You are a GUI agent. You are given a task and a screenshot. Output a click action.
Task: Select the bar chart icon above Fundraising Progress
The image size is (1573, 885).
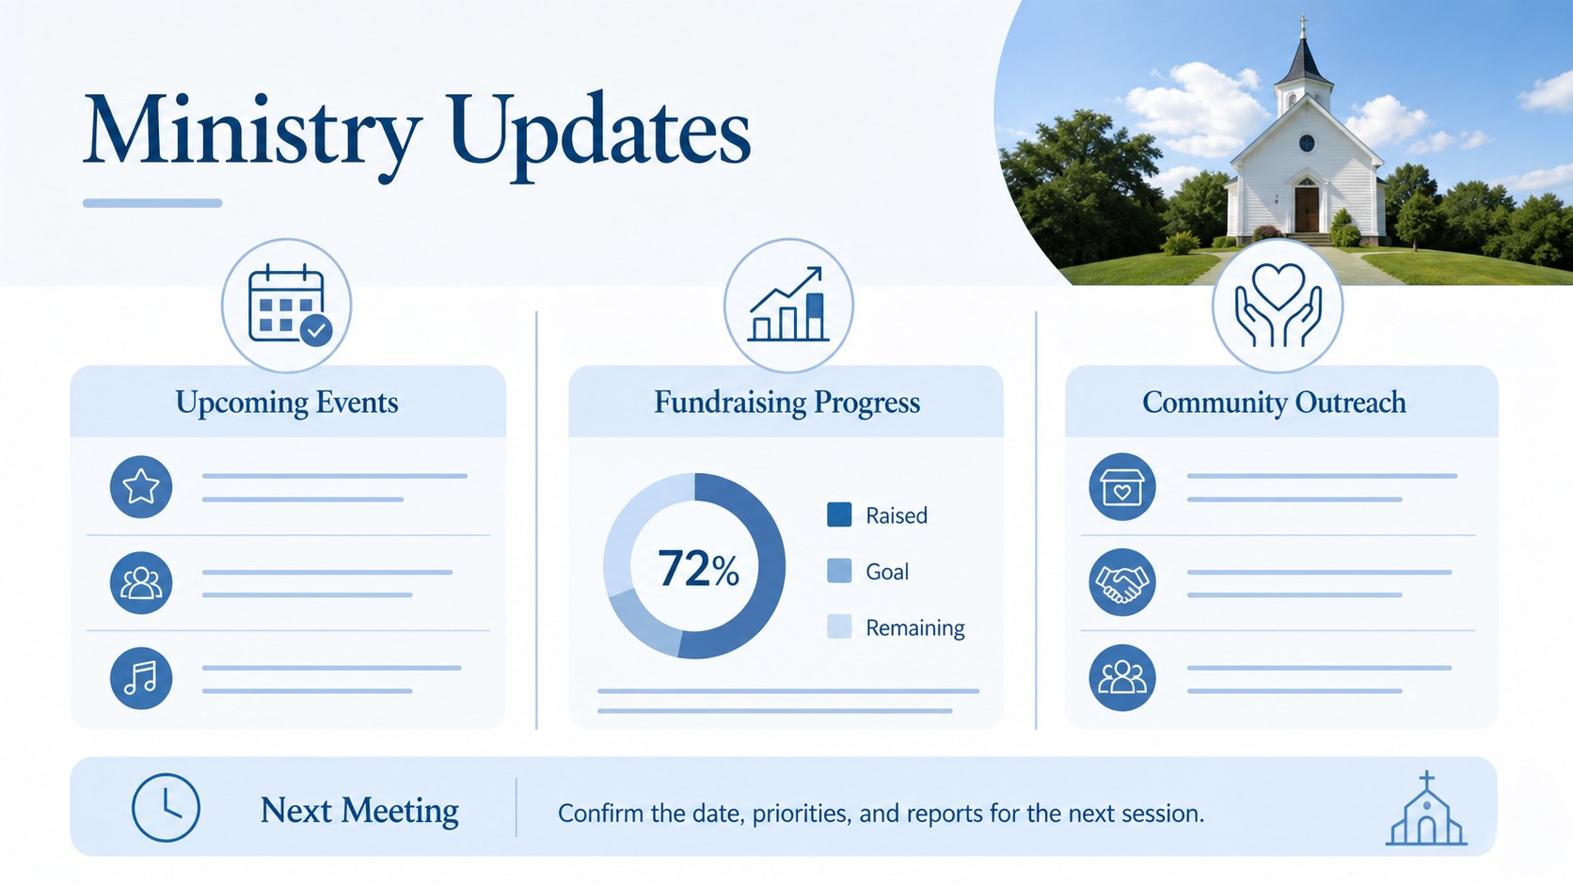click(x=787, y=304)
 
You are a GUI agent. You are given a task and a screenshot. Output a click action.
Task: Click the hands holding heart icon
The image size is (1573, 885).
click(x=1278, y=306)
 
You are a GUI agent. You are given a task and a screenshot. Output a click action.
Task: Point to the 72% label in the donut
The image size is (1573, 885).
click(x=698, y=568)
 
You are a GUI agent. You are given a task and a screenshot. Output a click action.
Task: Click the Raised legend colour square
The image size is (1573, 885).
click(x=839, y=514)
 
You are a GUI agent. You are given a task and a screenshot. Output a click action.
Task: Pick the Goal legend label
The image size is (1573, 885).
click(x=887, y=572)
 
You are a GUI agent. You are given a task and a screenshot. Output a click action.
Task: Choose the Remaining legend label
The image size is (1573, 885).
click(x=915, y=627)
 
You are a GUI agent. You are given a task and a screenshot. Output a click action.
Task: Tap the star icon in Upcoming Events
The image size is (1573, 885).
click(x=141, y=486)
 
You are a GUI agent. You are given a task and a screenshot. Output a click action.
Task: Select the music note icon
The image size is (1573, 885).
click(x=141, y=678)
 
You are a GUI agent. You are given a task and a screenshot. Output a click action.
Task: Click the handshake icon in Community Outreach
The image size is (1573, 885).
click(x=1122, y=582)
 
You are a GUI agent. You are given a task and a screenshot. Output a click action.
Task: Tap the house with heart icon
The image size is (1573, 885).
click(x=1122, y=486)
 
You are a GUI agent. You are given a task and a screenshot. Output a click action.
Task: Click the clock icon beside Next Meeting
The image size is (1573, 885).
click(x=166, y=808)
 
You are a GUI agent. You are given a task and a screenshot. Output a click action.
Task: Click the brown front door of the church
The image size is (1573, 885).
click(x=1307, y=209)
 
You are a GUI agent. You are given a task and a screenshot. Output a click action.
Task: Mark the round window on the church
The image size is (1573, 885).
click(x=1307, y=143)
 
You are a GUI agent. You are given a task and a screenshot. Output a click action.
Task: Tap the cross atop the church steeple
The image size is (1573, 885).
click(x=1303, y=25)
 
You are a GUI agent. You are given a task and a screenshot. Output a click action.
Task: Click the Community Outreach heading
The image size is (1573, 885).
click(x=1274, y=403)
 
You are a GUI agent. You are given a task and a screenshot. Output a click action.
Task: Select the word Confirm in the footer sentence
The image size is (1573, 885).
click(x=600, y=814)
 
